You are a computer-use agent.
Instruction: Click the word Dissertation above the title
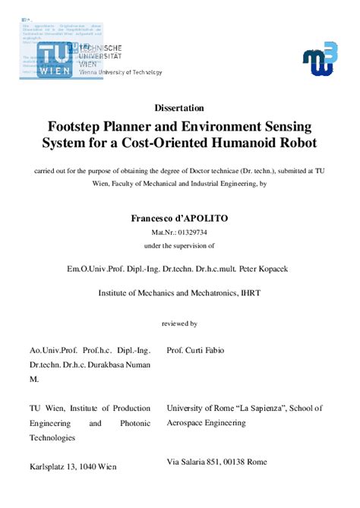pyautogui.click(x=180, y=108)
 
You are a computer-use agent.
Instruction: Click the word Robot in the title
pyautogui.click(x=316, y=143)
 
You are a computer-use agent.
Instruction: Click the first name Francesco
pyautogui.click(x=152, y=217)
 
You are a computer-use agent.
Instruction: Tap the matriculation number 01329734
pyautogui.click(x=193, y=233)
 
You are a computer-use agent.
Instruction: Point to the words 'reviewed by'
pyautogui.click(x=180, y=323)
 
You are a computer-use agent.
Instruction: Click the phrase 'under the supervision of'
pyautogui.click(x=180, y=246)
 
